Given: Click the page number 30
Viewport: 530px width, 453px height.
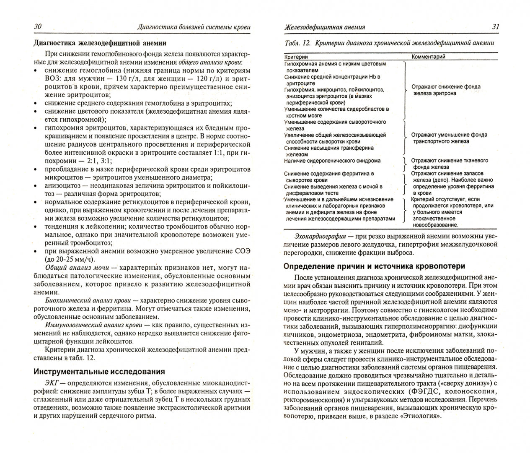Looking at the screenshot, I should tap(37, 26).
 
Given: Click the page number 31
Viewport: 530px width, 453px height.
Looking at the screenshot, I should tap(495, 26).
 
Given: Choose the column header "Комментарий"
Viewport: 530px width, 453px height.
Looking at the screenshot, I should tap(428, 56).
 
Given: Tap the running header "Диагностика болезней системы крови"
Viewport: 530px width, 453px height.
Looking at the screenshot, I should tap(194, 27).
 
